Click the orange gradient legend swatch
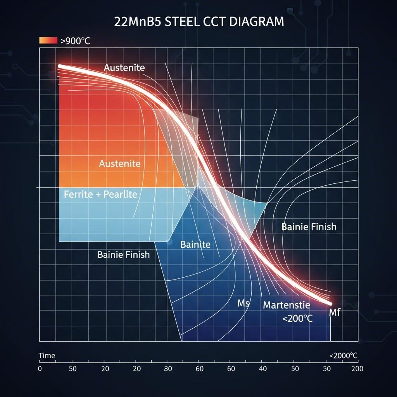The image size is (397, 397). [48, 40]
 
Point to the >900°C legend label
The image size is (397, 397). [75, 41]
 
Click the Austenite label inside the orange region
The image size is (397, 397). [119, 164]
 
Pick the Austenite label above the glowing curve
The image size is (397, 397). [124, 68]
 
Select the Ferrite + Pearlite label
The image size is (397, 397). [100, 194]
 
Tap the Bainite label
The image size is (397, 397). [195, 245]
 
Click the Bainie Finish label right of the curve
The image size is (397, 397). [309, 227]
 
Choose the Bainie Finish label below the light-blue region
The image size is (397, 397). [123, 255]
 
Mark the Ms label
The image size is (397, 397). [243, 303]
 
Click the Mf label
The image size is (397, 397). [334, 312]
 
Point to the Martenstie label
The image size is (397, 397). [287, 305]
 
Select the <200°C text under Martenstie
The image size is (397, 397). [297, 319]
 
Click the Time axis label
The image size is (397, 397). [47, 356]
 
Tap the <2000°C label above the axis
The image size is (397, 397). [343, 356]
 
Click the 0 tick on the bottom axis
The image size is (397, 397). [40, 369]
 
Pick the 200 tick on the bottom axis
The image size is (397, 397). [357, 369]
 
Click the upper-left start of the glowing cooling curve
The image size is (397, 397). [60, 66]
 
